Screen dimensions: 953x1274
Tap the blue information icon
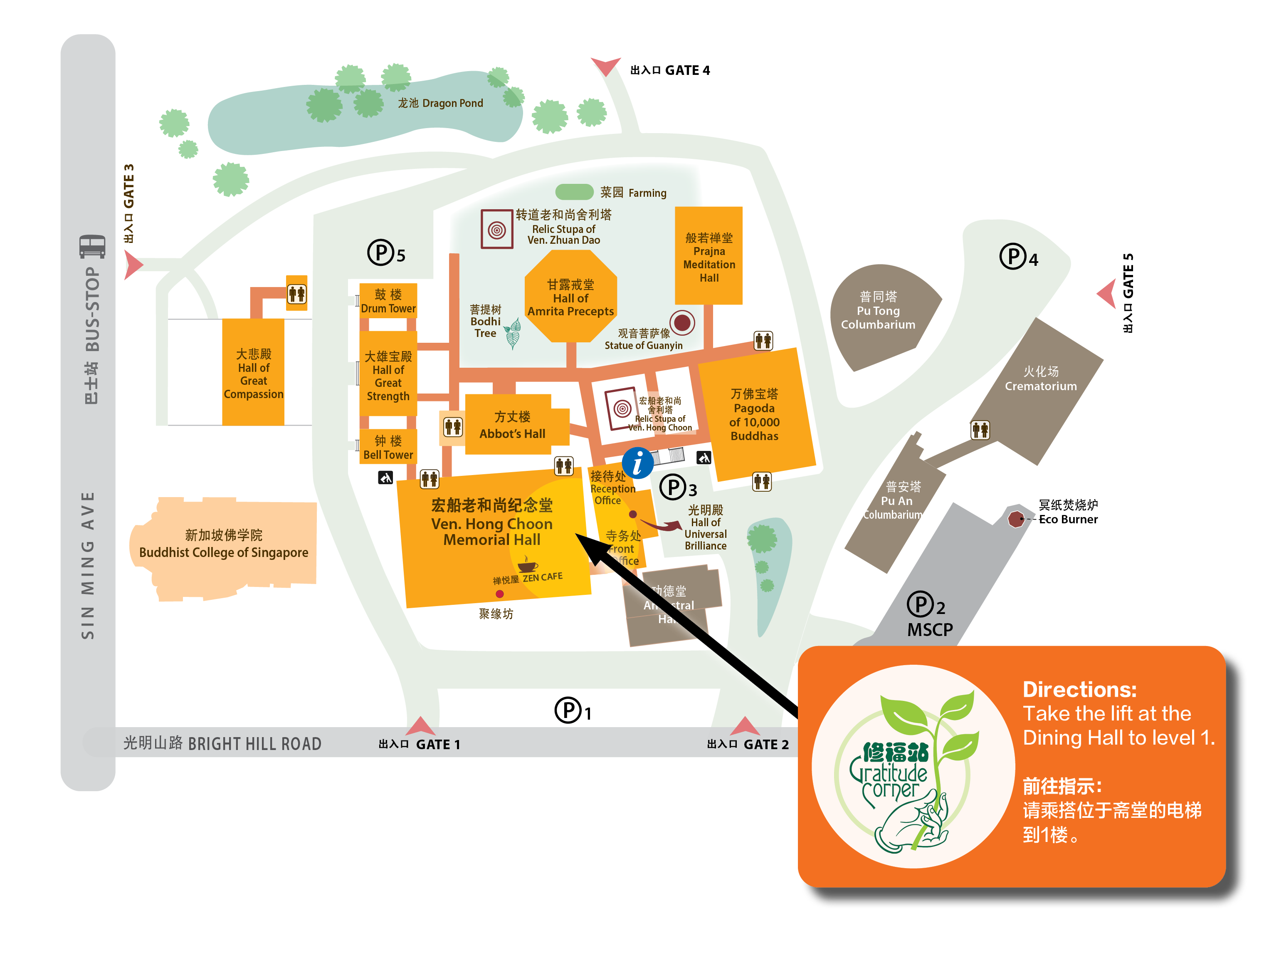click(637, 463)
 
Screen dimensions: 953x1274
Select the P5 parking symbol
click(381, 252)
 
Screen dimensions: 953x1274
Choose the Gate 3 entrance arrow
click(133, 266)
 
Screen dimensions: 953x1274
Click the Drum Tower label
click(388, 301)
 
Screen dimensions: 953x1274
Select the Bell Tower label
click(388, 448)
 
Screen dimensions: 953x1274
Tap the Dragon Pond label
click(441, 103)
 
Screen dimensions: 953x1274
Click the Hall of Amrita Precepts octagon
click(571, 297)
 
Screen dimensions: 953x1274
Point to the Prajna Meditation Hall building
click(709, 256)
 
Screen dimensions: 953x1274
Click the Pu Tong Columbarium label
click(878, 311)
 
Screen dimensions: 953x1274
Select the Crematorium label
click(1041, 379)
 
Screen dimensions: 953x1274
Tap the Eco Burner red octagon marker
click(1016, 519)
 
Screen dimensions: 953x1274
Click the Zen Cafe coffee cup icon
click(527, 564)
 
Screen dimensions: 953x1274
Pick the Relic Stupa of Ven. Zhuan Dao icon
click(496, 229)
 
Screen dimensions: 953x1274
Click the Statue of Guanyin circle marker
click(682, 323)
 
